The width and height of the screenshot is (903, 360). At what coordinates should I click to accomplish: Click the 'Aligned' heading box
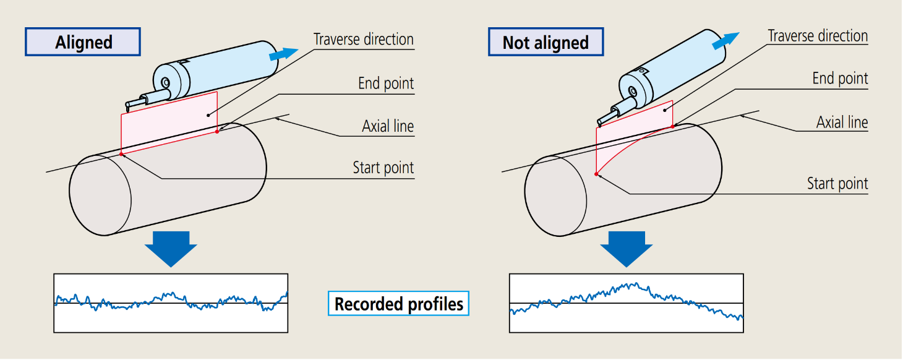(83, 42)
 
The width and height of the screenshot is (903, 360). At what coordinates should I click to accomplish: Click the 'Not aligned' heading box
(545, 42)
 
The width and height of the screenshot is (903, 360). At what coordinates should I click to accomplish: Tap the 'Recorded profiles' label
(398, 304)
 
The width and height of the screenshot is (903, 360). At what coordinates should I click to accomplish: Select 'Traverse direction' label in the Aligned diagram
(363, 39)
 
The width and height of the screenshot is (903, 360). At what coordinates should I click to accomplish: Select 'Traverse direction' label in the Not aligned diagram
(818, 36)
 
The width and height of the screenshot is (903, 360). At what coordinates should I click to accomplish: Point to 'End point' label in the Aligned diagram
(385, 83)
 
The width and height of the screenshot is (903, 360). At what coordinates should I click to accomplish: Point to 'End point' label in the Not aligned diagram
(840, 79)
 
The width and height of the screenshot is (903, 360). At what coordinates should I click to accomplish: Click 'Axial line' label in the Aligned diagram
(387, 126)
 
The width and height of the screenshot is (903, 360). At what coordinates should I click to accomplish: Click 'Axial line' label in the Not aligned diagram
(842, 122)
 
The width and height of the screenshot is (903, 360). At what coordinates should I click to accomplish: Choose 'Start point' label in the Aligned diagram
(383, 168)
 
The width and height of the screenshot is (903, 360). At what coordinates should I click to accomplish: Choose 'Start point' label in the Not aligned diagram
(837, 184)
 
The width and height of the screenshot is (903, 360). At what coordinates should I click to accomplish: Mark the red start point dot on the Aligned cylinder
(121, 153)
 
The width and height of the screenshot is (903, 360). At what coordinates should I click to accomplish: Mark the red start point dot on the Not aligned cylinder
(596, 174)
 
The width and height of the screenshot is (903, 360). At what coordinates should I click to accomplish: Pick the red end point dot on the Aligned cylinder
(218, 131)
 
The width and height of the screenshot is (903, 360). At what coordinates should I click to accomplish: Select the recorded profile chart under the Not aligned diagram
(625, 303)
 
